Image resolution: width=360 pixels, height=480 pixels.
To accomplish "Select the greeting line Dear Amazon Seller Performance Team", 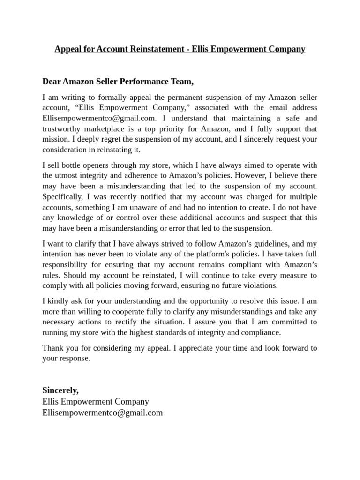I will [x=118, y=82].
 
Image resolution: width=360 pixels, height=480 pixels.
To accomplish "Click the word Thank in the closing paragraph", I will [x=52, y=348].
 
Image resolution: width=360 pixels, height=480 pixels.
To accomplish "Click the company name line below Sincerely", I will [x=96, y=401].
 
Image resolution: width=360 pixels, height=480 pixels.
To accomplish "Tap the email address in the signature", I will [x=103, y=412].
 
